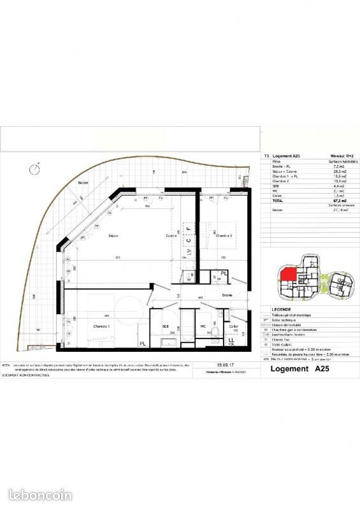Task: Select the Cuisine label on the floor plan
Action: (x=171, y=235)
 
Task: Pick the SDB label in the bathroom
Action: (x=164, y=326)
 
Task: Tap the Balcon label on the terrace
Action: (x=83, y=182)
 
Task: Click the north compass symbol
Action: (x=33, y=169)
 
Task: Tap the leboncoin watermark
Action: (x=41, y=495)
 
